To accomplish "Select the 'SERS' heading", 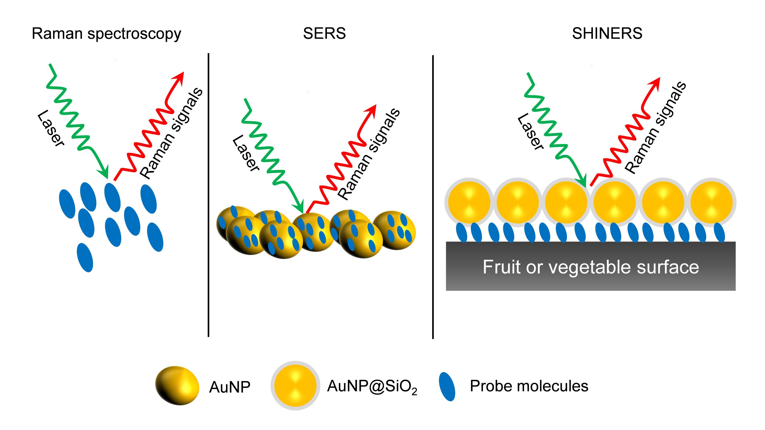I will point(324,33).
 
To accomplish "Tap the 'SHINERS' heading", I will point(607,33).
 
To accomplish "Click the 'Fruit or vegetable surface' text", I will point(591,267).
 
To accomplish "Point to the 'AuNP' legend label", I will point(229,387).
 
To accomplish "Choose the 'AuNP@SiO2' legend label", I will point(372,387).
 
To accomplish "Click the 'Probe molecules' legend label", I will point(529,386).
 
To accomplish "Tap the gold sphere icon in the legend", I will point(177,386).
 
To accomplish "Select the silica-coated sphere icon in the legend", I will point(295,386).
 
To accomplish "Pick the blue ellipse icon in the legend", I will point(447,387).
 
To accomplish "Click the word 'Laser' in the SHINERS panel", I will point(531,132).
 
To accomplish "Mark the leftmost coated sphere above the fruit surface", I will point(469,202).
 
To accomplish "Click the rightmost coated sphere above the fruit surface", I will point(712,202).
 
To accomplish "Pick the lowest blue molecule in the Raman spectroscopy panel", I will point(85,257).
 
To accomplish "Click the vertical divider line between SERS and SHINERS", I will point(433,197).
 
